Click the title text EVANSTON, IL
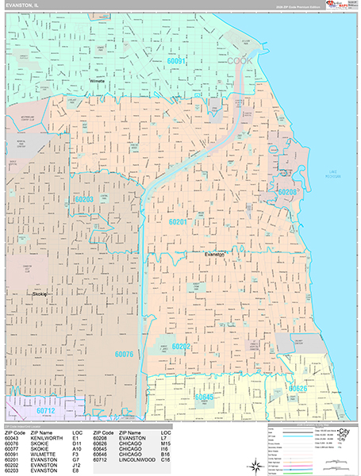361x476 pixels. point(21,6)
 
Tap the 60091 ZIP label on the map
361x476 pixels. point(176,61)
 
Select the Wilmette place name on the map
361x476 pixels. point(97,81)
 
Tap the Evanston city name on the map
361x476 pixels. point(214,254)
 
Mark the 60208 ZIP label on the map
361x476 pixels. point(286,192)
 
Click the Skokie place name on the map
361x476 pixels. point(40,294)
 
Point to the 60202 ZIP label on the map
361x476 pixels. point(181,347)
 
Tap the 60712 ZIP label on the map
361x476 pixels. point(46,411)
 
